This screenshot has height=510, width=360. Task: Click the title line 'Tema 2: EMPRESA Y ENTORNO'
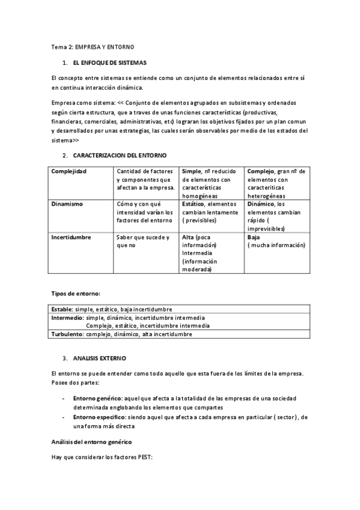(93, 46)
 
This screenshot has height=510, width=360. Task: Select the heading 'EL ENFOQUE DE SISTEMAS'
(109, 63)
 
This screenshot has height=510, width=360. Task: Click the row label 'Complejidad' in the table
(69, 171)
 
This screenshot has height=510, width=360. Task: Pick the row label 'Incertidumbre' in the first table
(71, 237)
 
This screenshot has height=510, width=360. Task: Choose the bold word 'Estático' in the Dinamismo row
(194, 204)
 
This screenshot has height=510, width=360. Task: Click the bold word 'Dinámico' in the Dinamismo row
(261, 204)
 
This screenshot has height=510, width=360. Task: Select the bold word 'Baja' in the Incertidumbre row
(253, 237)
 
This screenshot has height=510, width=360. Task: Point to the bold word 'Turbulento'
(67, 334)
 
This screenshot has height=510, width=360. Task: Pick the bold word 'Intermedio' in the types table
(67, 318)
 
